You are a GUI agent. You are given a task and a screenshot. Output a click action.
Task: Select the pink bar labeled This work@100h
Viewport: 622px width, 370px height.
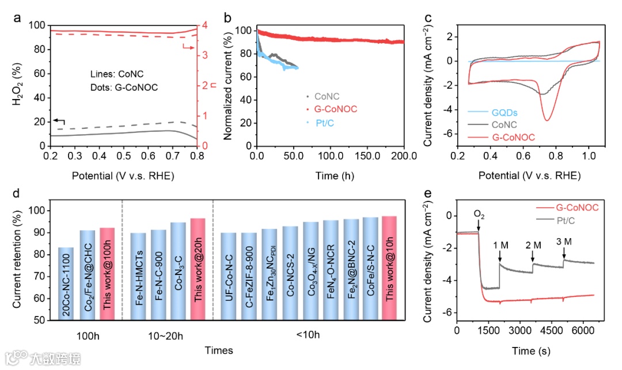pyautogui.click(x=108, y=274)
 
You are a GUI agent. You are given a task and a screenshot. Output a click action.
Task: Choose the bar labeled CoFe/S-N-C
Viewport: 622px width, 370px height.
pyautogui.click(x=370, y=269)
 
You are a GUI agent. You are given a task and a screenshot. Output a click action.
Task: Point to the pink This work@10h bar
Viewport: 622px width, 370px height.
pyautogui.click(x=389, y=268)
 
